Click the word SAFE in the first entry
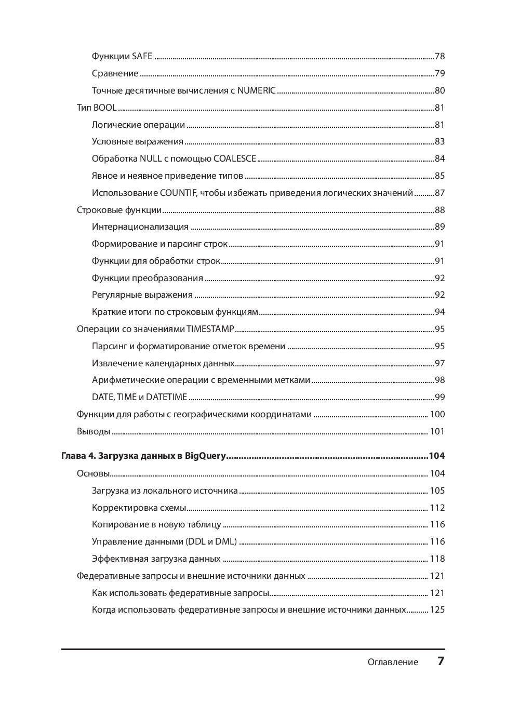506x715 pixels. pyautogui.click(x=142, y=56)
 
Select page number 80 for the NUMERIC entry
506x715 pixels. pyautogui.click(x=440, y=90)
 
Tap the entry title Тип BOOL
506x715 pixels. pyautogui.click(x=97, y=108)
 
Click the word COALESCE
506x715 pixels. pyautogui.click(x=235, y=158)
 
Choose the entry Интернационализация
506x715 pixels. pyautogui.click(x=140, y=227)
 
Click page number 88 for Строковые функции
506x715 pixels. pyautogui.click(x=440, y=210)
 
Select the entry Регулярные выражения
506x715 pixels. pyautogui.click(x=142, y=295)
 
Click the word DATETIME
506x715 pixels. pyautogui.click(x=166, y=397)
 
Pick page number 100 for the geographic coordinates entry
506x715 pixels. pyautogui.click(x=437, y=414)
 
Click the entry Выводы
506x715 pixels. pyautogui.click(x=94, y=431)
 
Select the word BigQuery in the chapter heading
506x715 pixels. pyautogui.click(x=206, y=456)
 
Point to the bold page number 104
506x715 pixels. pyautogui.click(x=436, y=456)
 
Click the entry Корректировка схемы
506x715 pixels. pyautogui.click(x=139, y=508)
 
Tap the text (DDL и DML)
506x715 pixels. pyautogui.click(x=211, y=541)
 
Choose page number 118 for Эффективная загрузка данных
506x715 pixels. pyautogui.click(x=437, y=559)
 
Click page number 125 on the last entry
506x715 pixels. pyautogui.click(x=437, y=610)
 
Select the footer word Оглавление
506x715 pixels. pyautogui.click(x=393, y=662)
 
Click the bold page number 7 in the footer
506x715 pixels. pyautogui.click(x=441, y=661)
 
